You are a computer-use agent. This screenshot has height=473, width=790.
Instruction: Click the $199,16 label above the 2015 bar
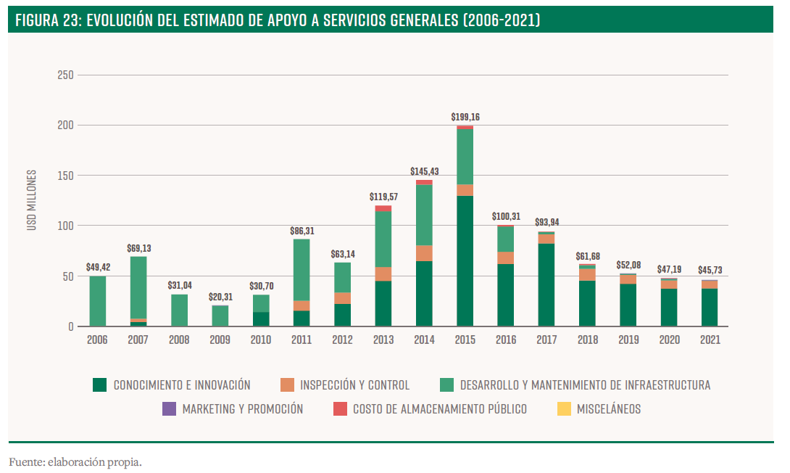465,116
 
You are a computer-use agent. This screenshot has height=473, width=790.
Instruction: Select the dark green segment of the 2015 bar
465,261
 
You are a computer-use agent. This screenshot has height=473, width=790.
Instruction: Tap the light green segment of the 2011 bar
302,270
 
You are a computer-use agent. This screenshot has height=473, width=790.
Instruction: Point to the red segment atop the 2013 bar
383,209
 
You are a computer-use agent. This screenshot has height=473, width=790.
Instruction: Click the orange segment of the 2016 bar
506,258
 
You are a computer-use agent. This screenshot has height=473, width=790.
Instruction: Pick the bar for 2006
98,301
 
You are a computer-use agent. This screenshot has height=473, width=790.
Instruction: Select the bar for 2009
220,316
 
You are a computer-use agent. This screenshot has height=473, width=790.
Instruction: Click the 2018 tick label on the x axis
587,340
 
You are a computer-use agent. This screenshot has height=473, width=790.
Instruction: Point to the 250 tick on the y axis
65,75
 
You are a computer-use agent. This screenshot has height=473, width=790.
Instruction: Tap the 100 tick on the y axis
65,226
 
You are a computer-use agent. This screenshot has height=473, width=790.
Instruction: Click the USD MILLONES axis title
31,200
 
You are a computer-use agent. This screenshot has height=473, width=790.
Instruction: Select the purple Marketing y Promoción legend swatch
169,409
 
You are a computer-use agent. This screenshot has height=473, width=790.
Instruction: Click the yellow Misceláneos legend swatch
563,409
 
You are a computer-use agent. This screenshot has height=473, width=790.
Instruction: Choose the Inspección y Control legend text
354,385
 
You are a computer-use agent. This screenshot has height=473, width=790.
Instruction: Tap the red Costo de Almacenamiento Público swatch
340,409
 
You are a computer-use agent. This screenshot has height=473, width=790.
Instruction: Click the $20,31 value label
220,296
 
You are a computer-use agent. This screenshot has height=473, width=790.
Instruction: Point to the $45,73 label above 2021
710,270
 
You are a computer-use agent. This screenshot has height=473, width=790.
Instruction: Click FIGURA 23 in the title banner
47,20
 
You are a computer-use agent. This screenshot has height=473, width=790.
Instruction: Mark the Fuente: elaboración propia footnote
75,461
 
